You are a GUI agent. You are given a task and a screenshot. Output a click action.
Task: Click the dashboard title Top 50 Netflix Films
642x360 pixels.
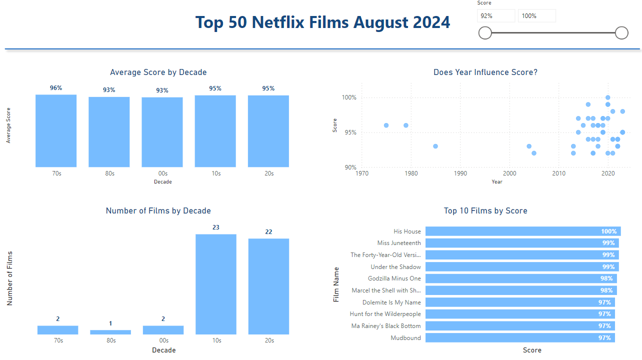coord(322,22)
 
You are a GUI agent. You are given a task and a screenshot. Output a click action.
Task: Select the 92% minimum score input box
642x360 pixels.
coord(495,16)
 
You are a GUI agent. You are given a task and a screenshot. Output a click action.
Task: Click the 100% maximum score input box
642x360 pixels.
coord(536,16)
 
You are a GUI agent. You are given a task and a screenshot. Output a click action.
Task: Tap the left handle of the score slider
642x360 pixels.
coord(485,33)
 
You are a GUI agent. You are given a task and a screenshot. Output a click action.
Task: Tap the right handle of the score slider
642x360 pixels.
coord(621,33)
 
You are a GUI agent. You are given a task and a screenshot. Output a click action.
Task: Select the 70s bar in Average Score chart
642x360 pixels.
coord(56,131)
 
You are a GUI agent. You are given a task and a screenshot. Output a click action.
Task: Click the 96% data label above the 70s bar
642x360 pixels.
coord(56,88)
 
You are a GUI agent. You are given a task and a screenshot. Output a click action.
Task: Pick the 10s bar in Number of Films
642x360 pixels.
coord(216,284)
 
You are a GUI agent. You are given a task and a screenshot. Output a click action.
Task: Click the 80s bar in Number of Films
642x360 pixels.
coord(110,332)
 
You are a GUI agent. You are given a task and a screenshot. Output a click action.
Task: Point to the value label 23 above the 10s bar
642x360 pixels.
coord(216,227)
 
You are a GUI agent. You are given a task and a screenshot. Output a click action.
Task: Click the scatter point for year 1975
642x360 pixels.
coord(386,125)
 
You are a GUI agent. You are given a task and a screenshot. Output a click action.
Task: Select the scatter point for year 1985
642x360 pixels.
coord(435,146)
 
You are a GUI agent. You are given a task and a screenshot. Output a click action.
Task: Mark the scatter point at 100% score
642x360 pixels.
coord(607,97)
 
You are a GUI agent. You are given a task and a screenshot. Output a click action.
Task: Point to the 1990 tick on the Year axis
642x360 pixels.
coord(460,173)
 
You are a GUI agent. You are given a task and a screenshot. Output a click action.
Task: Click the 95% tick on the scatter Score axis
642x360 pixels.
coord(350,132)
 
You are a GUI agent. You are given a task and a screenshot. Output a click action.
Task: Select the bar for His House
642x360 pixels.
coord(523,231)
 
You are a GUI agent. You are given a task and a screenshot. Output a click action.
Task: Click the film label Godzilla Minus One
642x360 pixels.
coord(394,278)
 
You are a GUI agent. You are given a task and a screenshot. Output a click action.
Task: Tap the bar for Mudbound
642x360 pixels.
coord(520,338)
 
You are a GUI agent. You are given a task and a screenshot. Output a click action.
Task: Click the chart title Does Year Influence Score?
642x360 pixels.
coord(485,72)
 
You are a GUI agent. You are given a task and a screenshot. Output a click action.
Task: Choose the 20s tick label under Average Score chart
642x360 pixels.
coord(269,173)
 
